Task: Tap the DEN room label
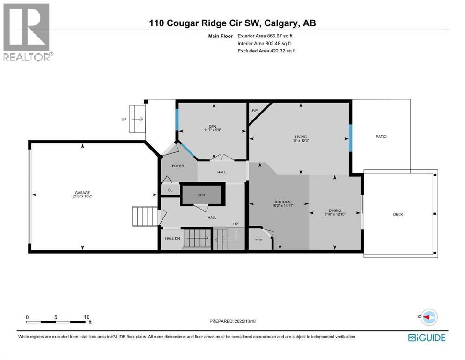[x=212, y=126]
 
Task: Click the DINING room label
[x=334, y=210]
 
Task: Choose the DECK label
[x=398, y=214]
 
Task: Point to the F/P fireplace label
[x=255, y=110]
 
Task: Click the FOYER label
[x=177, y=165]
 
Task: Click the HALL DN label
[x=171, y=238]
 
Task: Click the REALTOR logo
[x=28, y=31]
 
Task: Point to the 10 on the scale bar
[x=86, y=317]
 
